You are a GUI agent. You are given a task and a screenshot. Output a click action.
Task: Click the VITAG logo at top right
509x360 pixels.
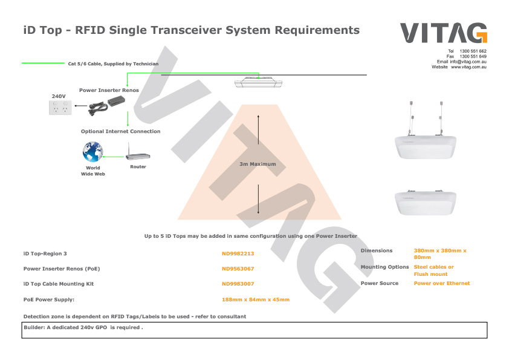(444, 33)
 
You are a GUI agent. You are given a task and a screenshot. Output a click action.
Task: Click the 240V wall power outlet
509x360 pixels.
(60, 108)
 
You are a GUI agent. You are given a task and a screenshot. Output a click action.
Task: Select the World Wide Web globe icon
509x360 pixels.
(93, 152)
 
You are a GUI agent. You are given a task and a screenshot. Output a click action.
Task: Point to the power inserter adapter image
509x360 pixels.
(106, 106)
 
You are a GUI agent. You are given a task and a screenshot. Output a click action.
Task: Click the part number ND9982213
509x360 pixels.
(238, 254)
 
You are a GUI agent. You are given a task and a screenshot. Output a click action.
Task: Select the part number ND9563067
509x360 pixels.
(238, 269)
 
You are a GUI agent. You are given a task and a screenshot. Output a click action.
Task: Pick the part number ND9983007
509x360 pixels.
(238, 284)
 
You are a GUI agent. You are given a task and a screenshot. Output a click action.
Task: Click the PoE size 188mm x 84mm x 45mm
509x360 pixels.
(256, 299)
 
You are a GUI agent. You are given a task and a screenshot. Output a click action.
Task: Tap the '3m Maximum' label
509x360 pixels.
(258, 164)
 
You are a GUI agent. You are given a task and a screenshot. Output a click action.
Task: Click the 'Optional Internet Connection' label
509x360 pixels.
(121, 131)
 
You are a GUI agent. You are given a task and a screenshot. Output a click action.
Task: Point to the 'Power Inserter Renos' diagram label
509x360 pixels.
(109, 90)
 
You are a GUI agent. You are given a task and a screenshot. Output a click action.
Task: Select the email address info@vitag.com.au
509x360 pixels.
(468, 62)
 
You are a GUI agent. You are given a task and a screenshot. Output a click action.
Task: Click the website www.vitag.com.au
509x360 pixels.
(468, 67)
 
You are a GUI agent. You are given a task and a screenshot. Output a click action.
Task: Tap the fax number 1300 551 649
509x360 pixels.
(473, 56)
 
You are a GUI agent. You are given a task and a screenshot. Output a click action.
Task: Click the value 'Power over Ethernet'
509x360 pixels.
(442, 283)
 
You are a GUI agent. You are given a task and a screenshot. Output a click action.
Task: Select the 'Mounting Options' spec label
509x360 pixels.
(384, 267)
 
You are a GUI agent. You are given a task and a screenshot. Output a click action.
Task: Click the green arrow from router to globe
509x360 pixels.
(114, 157)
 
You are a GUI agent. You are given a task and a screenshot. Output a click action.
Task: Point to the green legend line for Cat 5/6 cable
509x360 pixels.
(43, 63)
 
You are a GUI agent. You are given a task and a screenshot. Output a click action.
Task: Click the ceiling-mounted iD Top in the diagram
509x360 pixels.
(258, 82)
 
